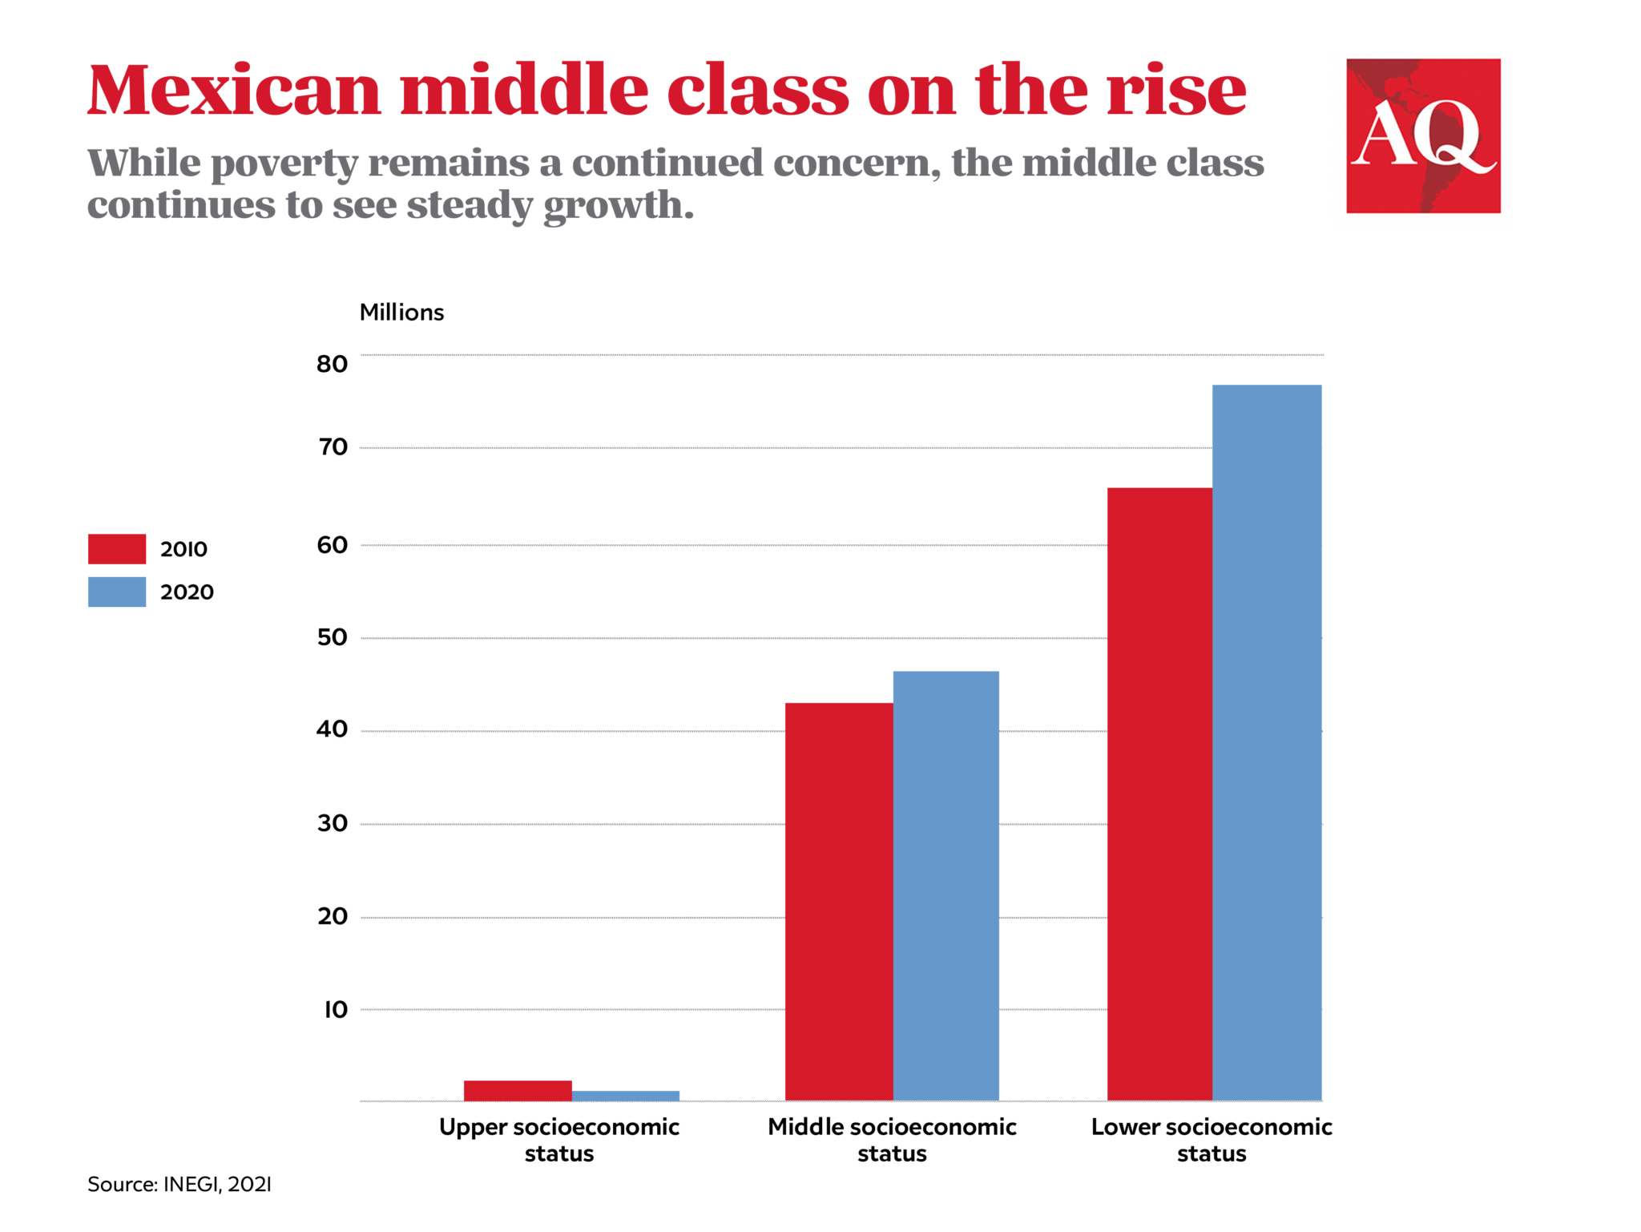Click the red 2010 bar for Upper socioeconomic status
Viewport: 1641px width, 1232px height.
[x=518, y=1091]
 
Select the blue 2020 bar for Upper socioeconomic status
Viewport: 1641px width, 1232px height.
[x=626, y=1096]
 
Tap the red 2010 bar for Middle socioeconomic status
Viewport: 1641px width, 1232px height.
[x=839, y=902]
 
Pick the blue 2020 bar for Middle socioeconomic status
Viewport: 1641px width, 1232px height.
[x=945, y=886]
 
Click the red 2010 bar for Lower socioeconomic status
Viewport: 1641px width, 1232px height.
[x=1159, y=794]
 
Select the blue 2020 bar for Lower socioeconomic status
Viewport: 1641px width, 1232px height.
[x=1267, y=742]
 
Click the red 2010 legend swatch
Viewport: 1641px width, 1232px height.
[x=117, y=549]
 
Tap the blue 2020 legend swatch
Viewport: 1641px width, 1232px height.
[x=117, y=592]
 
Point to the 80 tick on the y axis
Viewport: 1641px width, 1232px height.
[x=332, y=364]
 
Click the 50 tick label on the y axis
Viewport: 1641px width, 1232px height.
[x=332, y=638]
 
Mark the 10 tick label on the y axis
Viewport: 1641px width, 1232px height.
[x=335, y=1010]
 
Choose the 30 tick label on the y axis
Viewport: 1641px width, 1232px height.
[x=332, y=823]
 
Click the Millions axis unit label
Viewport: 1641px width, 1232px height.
[x=401, y=313]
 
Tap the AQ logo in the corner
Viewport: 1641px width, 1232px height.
[x=1423, y=135]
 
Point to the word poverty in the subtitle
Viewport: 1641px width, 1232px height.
[x=284, y=164]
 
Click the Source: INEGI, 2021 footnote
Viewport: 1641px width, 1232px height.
[x=179, y=1185]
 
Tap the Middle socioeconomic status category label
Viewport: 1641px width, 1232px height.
[x=892, y=1140]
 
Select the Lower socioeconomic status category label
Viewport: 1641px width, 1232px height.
[x=1212, y=1140]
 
